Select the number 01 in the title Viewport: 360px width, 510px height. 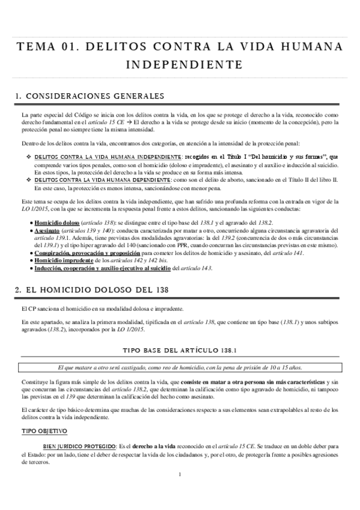pyautogui.click(x=67, y=46)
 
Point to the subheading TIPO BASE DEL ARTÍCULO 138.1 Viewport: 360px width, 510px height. pyautogui.click(x=180, y=349)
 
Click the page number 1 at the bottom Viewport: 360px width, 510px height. pyautogui.click(x=180, y=491)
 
